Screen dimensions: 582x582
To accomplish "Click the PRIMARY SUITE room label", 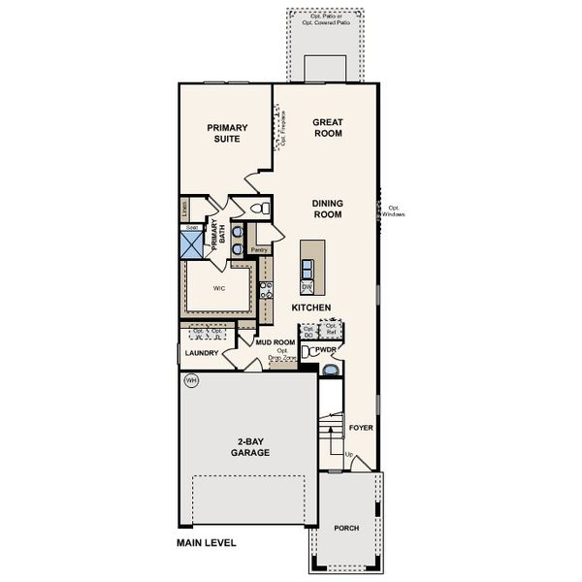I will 228,133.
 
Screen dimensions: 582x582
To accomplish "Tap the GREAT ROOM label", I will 329,129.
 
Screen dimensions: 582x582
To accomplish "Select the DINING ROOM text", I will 328,210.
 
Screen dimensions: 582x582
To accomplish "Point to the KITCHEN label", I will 312,307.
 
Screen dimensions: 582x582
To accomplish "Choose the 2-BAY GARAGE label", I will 250,447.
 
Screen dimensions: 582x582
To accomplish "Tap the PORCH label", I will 346,528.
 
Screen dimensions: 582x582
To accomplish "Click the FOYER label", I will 361,428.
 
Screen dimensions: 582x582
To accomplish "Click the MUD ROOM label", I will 275,342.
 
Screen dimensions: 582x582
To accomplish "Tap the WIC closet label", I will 219,288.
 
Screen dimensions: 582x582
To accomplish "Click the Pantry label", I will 259,250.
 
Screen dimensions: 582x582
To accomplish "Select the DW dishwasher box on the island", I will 306,288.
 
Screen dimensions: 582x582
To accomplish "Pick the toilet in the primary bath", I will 258,209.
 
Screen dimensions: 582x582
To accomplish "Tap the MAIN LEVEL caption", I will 206,543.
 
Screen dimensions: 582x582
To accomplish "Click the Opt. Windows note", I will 394,210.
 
